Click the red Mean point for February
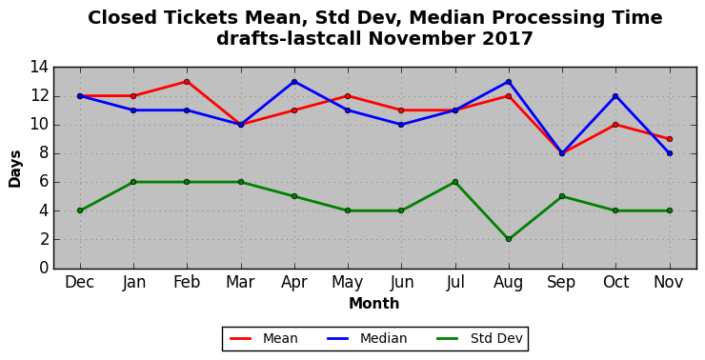[187, 82]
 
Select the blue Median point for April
[294, 82]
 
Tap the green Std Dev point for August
[509, 239]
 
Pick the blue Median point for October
[615, 96]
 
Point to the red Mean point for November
[670, 139]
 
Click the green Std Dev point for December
[80, 210]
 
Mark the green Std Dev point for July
[455, 182]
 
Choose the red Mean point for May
[348, 96]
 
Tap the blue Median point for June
[401, 125]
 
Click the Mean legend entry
[264, 338]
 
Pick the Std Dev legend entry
[480, 338]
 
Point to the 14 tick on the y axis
[39, 68]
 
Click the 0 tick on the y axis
[44, 269]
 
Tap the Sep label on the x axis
[561, 283]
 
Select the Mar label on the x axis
[240, 282]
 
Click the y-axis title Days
[15, 169]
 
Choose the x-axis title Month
[374, 304]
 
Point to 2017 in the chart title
[508, 39]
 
